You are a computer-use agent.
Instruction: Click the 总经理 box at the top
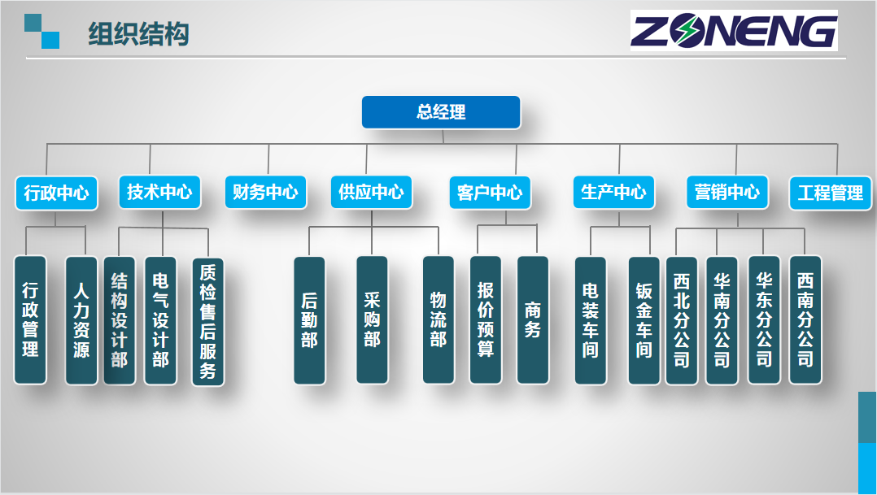click(x=441, y=112)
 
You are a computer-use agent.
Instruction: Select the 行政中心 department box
click(x=56, y=193)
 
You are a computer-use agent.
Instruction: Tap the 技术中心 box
click(x=159, y=193)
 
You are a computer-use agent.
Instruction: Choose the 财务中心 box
click(x=265, y=193)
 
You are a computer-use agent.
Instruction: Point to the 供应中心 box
click(x=371, y=193)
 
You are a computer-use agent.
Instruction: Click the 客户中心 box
click(x=490, y=193)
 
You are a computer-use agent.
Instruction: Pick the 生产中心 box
click(x=614, y=193)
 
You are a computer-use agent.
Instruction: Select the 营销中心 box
click(x=727, y=193)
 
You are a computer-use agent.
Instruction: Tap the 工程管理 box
click(x=831, y=193)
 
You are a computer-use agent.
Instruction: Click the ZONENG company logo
click(x=733, y=31)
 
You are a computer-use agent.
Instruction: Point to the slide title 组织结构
click(x=138, y=35)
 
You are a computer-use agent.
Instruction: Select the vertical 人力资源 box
click(x=81, y=320)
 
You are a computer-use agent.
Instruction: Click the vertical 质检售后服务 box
click(x=208, y=322)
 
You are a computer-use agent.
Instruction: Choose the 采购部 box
click(x=372, y=320)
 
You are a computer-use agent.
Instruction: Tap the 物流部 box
click(x=438, y=320)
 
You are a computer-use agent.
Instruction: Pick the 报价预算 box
click(x=486, y=320)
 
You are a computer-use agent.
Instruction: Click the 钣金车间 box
click(x=644, y=321)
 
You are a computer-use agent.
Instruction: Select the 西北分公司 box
click(x=682, y=321)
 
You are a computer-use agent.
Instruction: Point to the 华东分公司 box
click(x=764, y=320)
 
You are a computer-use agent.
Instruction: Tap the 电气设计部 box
click(x=160, y=321)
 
